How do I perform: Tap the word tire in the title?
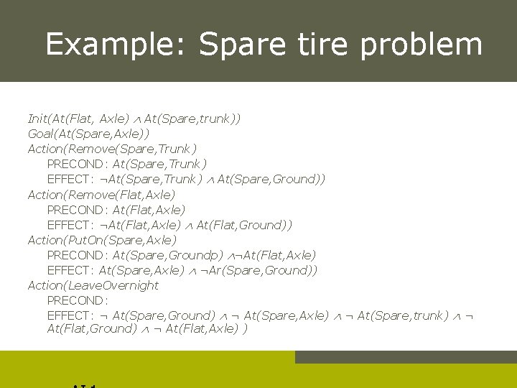(x=320, y=45)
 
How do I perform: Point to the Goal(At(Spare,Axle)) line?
(x=88, y=134)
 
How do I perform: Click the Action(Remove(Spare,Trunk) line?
(x=111, y=149)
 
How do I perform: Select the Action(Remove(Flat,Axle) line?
(x=101, y=194)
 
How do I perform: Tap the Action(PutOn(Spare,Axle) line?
(x=101, y=240)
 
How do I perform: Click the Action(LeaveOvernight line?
(x=93, y=285)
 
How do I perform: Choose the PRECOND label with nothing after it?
(x=77, y=300)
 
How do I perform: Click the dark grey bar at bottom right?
(x=406, y=357)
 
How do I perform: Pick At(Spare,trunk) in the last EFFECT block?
(x=403, y=315)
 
